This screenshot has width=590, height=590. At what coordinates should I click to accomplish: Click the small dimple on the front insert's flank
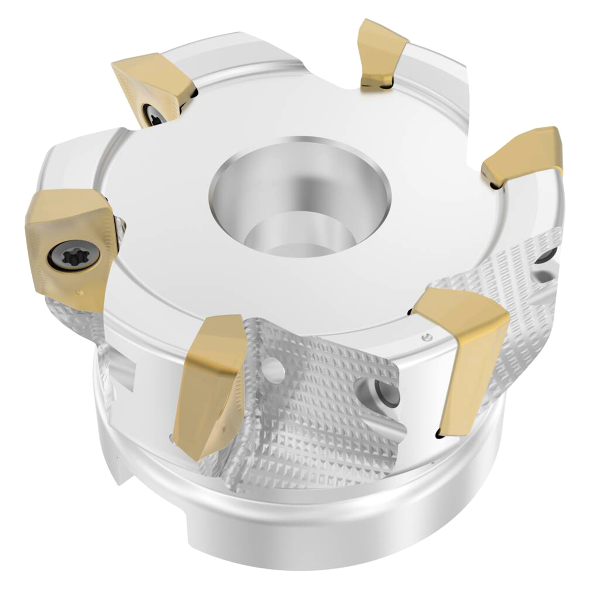tap(224, 424)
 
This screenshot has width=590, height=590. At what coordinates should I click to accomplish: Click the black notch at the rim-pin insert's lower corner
tap(438, 434)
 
